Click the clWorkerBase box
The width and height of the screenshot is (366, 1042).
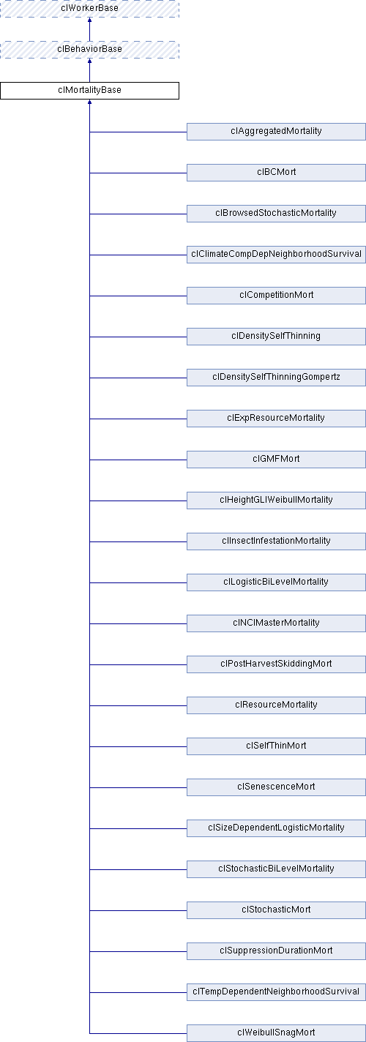tap(89, 8)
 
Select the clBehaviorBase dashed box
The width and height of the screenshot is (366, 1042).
tap(89, 50)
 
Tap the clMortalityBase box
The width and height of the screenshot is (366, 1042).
tap(89, 91)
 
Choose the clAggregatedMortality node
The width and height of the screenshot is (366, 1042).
tap(276, 132)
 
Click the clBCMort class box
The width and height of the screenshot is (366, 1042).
tap(276, 173)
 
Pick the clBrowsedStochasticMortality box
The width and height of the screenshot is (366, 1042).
tap(276, 214)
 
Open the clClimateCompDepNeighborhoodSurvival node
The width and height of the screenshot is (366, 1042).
tap(276, 255)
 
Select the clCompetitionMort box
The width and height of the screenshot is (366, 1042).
tap(276, 296)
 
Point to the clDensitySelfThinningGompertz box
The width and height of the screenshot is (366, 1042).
tap(276, 378)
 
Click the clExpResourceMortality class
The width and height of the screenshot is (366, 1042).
tap(276, 419)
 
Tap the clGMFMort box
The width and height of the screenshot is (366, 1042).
tap(276, 459)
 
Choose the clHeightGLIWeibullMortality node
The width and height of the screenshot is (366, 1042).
tap(276, 500)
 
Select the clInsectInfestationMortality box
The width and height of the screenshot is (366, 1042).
tap(276, 541)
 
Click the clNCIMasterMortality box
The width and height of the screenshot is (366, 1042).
tap(276, 623)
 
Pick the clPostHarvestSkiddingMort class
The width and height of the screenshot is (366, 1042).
tap(276, 664)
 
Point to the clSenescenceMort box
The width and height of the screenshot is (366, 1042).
tap(276, 787)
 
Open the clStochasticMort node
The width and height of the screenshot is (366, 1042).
tap(276, 910)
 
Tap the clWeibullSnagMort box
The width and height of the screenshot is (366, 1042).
tap(276, 1032)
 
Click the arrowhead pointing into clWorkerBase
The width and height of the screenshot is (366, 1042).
tap(89, 20)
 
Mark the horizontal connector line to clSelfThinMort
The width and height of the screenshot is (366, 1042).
tap(138, 746)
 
